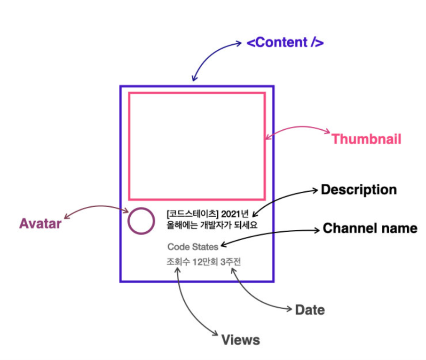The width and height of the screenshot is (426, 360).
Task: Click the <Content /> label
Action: pos(285,42)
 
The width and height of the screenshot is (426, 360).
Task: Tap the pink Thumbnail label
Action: pos(366,139)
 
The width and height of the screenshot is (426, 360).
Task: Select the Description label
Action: pos(359,190)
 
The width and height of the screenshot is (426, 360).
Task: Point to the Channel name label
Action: pos(370,228)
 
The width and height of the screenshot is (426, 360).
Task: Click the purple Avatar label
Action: pos(40,224)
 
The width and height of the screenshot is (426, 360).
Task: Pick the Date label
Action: pos(310,310)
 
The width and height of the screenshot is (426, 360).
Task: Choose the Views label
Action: pos(240,340)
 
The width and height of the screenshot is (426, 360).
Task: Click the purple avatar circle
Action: pos(141,221)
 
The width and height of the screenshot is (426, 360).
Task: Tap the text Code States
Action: pos(193,246)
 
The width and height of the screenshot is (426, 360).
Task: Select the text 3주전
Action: pos(230,262)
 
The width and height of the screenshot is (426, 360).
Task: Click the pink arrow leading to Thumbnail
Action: pos(301,128)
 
